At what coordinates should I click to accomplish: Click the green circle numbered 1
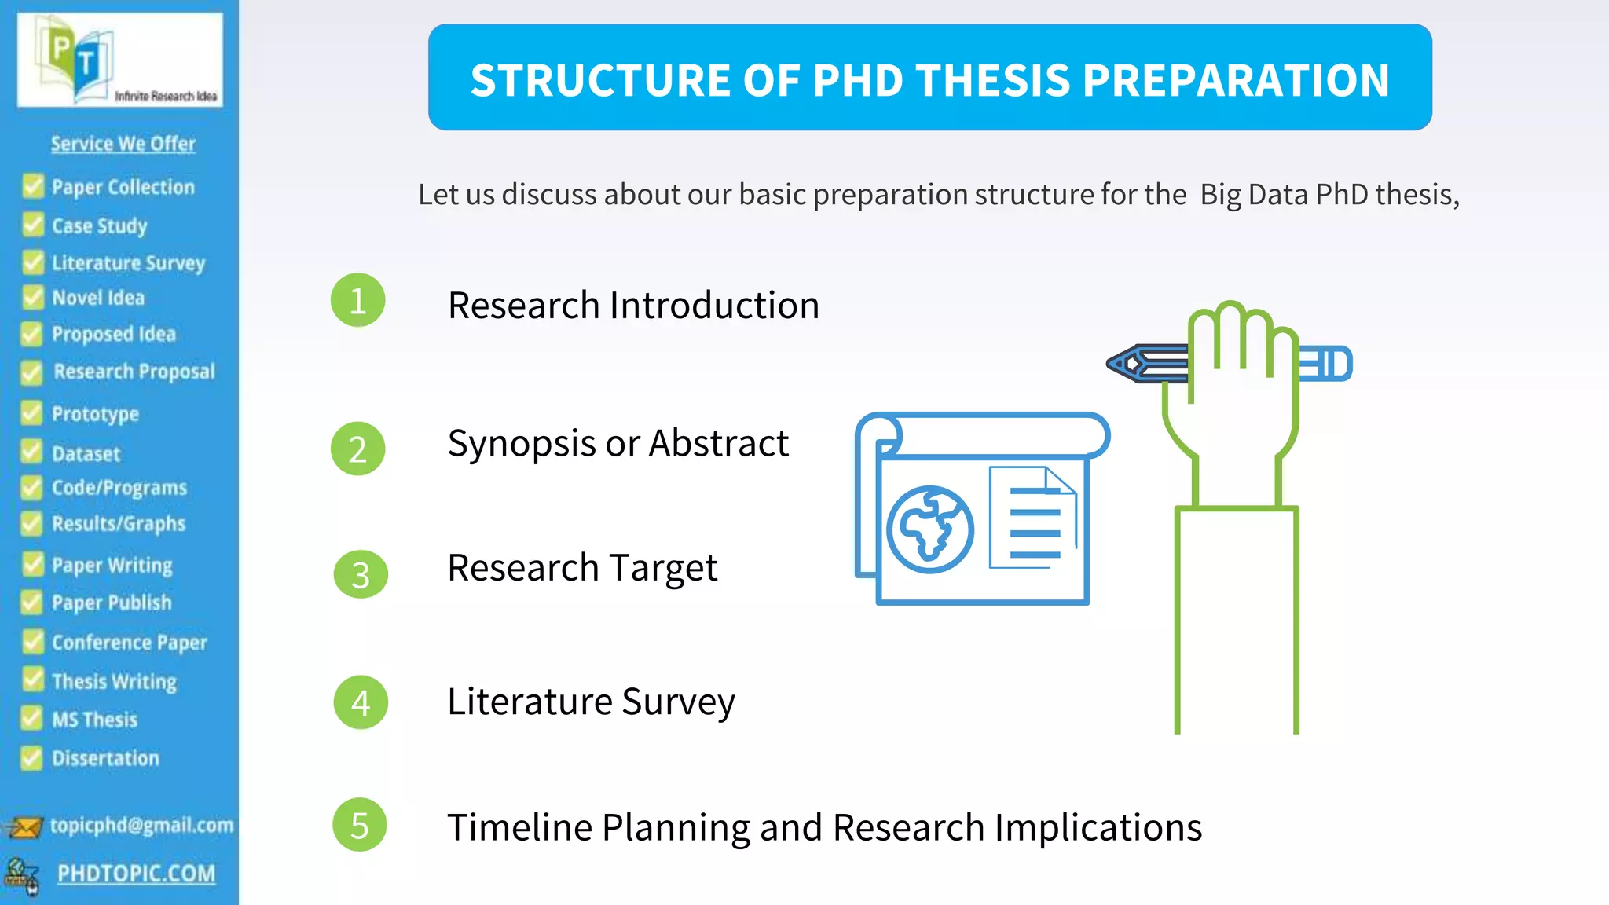click(357, 300)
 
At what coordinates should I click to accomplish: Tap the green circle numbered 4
click(361, 702)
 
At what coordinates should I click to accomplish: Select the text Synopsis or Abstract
click(618, 444)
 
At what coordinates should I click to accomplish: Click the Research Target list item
click(582, 568)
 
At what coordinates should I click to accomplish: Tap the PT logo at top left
click(79, 57)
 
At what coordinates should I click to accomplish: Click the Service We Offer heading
click(123, 144)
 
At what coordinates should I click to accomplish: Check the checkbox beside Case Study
click(33, 225)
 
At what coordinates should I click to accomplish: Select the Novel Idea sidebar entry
click(98, 298)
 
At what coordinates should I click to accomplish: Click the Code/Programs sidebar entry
click(119, 488)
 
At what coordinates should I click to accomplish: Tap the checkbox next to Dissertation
click(31, 758)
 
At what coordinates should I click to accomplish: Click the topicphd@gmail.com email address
click(141, 825)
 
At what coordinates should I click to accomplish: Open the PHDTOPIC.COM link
click(136, 874)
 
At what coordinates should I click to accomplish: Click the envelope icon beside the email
click(24, 827)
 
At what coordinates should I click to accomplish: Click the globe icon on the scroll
click(930, 529)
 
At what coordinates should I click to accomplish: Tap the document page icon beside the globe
click(1032, 518)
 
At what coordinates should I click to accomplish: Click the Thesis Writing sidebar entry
click(114, 681)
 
